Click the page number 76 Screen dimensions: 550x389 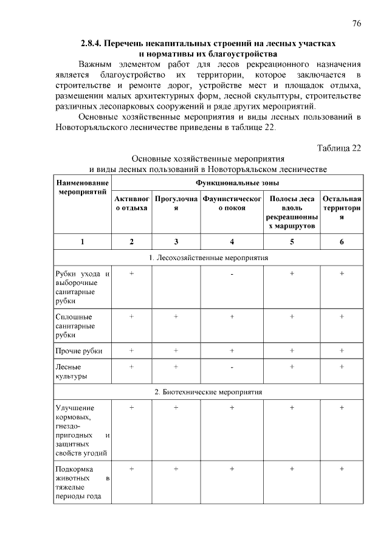click(357, 23)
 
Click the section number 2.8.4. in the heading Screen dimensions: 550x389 click(93, 44)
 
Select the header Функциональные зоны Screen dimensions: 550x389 click(238, 182)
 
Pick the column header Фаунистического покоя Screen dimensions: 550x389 click(232, 203)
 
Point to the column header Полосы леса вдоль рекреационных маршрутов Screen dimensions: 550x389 click(292, 212)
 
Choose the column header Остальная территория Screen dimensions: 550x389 click(342, 207)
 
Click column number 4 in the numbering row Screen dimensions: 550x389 click(232, 241)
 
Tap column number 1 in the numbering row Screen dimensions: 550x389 click(83, 241)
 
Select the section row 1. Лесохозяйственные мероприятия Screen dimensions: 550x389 click(208, 258)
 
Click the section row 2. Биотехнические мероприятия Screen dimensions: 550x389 click(208, 392)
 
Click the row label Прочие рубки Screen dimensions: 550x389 click(78, 351)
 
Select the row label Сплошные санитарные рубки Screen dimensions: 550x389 click(75, 325)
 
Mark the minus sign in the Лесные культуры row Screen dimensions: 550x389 click(232, 367)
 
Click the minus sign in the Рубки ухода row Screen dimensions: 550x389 click(232, 275)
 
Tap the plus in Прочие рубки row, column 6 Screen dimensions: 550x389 click(342, 351)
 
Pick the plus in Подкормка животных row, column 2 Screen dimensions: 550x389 click(131, 469)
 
